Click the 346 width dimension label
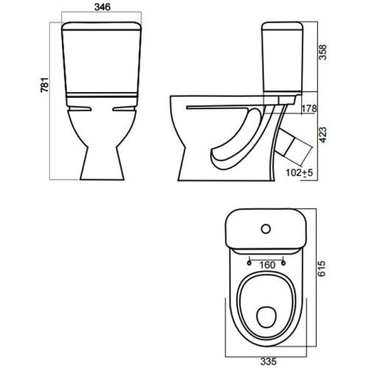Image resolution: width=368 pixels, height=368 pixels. click(102, 7)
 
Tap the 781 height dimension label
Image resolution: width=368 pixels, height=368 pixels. click(45, 85)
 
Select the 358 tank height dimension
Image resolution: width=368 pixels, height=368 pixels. click(323, 52)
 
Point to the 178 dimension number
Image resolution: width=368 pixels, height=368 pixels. click(309, 108)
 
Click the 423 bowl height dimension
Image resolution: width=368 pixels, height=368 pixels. click(323, 135)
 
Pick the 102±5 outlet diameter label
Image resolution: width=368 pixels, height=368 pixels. click(300, 173)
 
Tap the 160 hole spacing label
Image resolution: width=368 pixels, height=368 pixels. click(267, 265)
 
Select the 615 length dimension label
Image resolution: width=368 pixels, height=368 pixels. click(322, 269)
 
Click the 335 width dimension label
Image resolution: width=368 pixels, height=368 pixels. click(269, 361)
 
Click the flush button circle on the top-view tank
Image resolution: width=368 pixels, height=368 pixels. click(266, 229)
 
